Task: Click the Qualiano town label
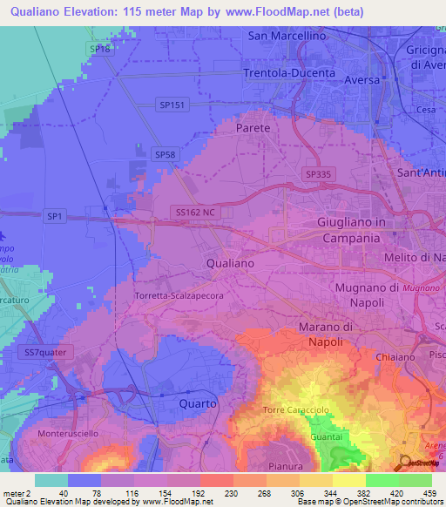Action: [x=230, y=262]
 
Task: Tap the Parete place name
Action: [x=253, y=127]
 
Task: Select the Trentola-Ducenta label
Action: [x=289, y=73]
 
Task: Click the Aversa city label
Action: [x=362, y=80]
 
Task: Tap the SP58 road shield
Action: [x=165, y=154]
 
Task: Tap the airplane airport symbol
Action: [x=4, y=235]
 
